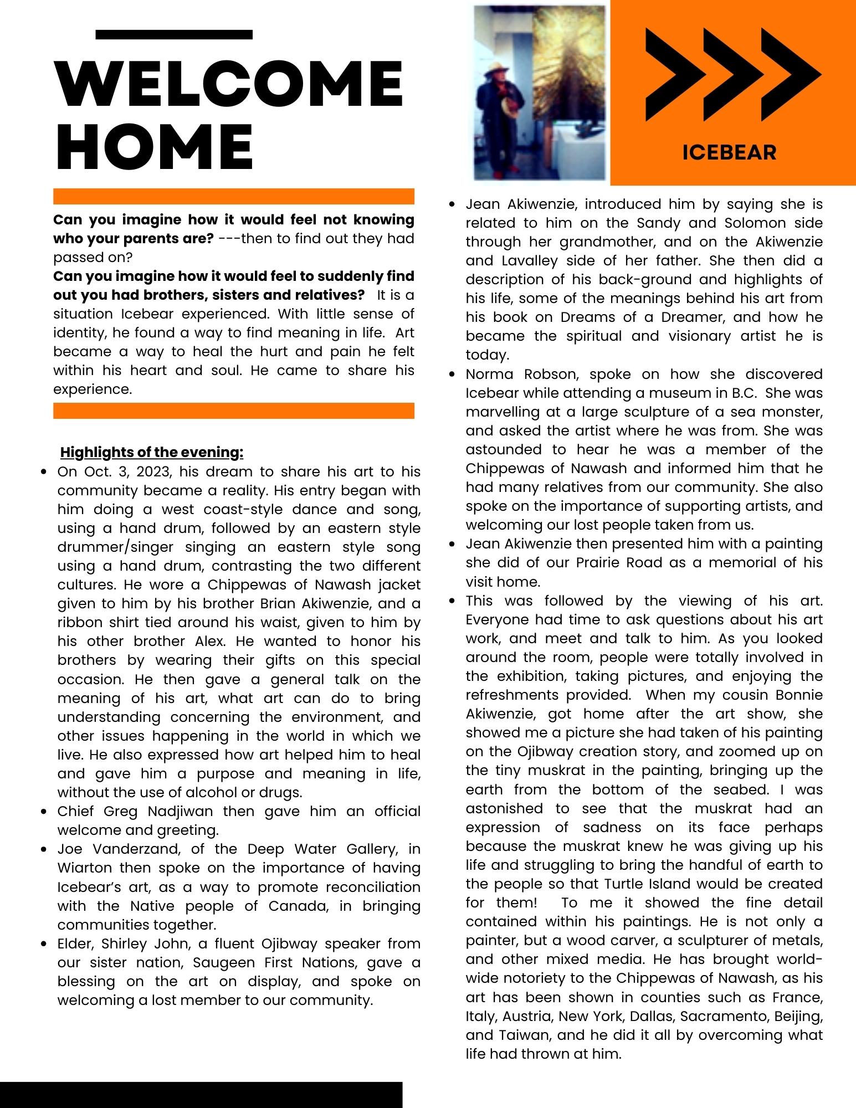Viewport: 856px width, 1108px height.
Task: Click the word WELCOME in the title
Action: pyautogui.click(x=229, y=84)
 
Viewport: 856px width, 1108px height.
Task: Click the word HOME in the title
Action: pyautogui.click(x=155, y=146)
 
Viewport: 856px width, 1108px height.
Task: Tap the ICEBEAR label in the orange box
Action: pyautogui.click(x=729, y=152)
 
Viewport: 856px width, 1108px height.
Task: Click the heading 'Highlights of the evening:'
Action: pyautogui.click(x=152, y=453)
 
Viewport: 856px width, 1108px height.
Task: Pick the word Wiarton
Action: pyautogui.click(x=85, y=868)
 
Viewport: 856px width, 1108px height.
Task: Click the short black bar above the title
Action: pyautogui.click(x=174, y=34)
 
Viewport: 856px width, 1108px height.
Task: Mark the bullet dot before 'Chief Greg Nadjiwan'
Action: pyautogui.click(x=45, y=812)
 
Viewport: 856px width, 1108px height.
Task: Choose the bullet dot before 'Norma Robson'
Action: pyautogui.click(x=453, y=375)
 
